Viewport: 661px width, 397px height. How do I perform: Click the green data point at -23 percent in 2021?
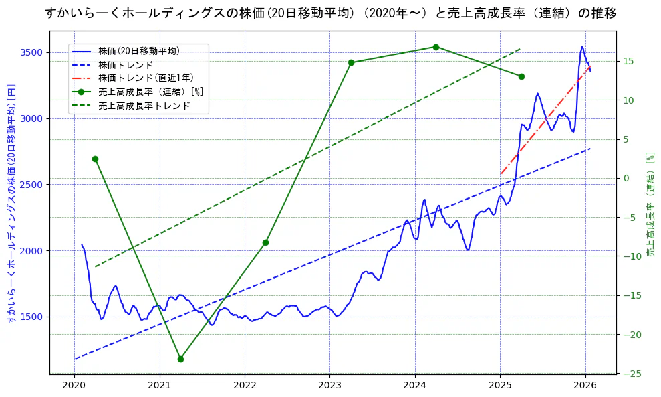[x=180, y=359]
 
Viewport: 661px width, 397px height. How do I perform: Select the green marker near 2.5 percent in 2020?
[x=95, y=159]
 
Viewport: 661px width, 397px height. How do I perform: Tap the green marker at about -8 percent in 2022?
[x=265, y=242]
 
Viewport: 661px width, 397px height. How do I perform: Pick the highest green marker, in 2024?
[x=436, y=47]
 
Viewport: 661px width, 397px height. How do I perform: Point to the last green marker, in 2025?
[x=521, y=76]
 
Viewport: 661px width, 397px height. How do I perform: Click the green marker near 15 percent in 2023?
[x=351, y=62]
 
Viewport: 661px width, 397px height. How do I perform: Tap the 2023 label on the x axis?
[x=329, y=385]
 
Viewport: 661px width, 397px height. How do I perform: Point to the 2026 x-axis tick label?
[x=585, y=385]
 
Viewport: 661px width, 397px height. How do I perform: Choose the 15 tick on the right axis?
[x=629, y=62]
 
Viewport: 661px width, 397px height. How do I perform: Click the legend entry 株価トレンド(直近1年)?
[x=146, y=78]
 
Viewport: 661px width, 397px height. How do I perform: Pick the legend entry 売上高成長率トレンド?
[x=144, y=106]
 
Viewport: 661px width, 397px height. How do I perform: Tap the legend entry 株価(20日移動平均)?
[x=138, y=51]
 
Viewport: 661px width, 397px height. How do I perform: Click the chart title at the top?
[x=330, y=13]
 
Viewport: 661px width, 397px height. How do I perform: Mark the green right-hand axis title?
[x=650, y=204]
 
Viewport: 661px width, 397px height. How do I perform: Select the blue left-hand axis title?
[x=11, y=203]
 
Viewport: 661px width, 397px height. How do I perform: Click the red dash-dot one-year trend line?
[x=545, y=121]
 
